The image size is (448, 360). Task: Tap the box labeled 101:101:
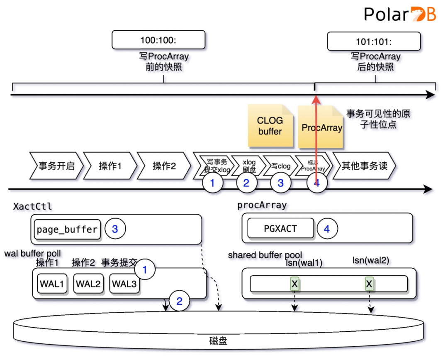[x=374, y=42]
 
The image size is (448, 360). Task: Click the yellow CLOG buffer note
[x=270, y=126]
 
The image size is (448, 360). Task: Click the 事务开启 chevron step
[x=56, y=166]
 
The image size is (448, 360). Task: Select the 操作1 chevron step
[x=110, y=166]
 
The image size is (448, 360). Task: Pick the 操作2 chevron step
[x=164, y=166]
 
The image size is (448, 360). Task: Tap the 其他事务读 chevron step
[x=364, y=166]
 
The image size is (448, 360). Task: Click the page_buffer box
[x=67, y=230]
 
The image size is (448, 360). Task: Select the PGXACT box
[x=280, y=228]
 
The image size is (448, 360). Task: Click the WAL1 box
[x=52, y=284]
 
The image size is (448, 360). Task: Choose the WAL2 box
[x=88, y=284]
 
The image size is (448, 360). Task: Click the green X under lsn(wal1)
[x=295, y=284]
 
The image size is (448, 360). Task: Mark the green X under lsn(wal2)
[x=369, y=284]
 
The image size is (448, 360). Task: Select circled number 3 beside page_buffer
[x=115, y=229]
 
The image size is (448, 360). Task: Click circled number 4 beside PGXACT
[x=327, y=228]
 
